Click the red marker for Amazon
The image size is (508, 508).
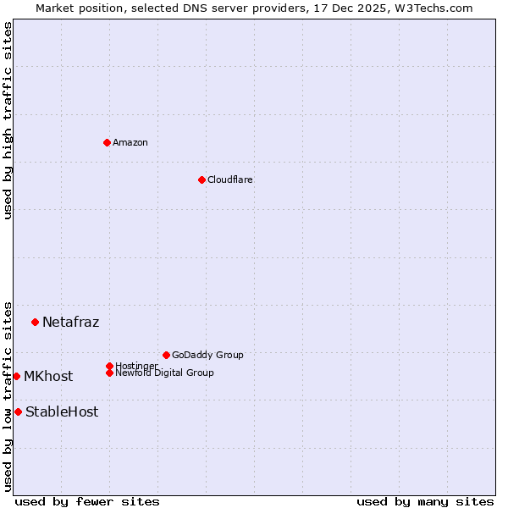coord(107,142)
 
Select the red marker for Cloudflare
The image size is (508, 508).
coord(202,179)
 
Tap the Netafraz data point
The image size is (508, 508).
coord(35,322)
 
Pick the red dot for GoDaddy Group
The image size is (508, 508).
coord(166,355)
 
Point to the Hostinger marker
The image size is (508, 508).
coord(109,366)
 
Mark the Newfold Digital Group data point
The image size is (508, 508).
coord(109,373)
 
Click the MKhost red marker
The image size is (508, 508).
coord(16,376)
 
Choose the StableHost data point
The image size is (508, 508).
coord(18,411)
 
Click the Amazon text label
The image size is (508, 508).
coord(130,142)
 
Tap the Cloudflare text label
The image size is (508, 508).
coord(230,179)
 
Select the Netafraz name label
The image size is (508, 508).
coord(70,322)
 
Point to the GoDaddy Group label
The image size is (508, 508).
coord(207,355)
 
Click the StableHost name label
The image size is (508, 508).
coord(62,412)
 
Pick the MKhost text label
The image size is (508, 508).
coord(48,377)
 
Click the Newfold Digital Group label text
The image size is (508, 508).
coord(165,373)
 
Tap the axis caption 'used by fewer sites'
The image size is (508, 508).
coord(87,501)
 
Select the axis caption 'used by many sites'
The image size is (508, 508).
coord(425,501)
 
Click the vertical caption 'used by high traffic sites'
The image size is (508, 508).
coord(8,120)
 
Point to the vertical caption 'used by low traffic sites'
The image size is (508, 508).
coord(8,395)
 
